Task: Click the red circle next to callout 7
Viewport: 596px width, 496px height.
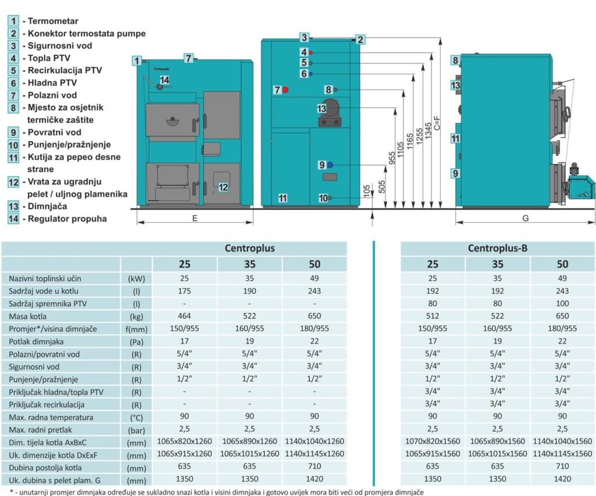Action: [x=286, y=90]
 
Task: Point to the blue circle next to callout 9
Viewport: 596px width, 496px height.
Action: [x=329, y=165]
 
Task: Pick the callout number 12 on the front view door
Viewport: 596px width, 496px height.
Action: [x=223, y=187]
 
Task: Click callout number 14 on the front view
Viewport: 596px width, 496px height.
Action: [x=164, y=80]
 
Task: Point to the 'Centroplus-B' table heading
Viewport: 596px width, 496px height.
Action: [x=498, y=249]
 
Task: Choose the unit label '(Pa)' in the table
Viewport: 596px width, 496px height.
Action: [x=136, y=342]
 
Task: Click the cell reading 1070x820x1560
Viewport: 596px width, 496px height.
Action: [x=432, y=441]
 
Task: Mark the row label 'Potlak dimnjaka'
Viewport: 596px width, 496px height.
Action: [x=37, y=342]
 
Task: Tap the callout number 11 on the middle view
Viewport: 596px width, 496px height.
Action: [x=282, y=198]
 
